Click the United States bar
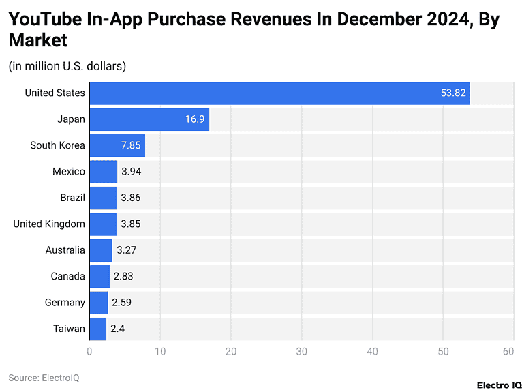click(279, 93)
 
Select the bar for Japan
click(149, 119)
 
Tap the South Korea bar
click(117, 145)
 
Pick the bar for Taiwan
click(98, 329)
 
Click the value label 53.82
click(452, 93)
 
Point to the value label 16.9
click(195, 119)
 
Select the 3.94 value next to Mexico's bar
click(132, 172)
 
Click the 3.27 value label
click(127, 250)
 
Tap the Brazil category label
click(72, 198)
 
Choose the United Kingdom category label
click(49, 224)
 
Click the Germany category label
click(65, 303)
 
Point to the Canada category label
click(68, 276)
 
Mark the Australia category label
click(65, 250)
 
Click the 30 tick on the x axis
click(301, 352)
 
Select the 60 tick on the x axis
click(508, 352)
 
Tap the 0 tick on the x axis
click(89, 352)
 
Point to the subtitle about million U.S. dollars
click(67, 66)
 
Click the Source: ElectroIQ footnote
click(44, 377)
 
